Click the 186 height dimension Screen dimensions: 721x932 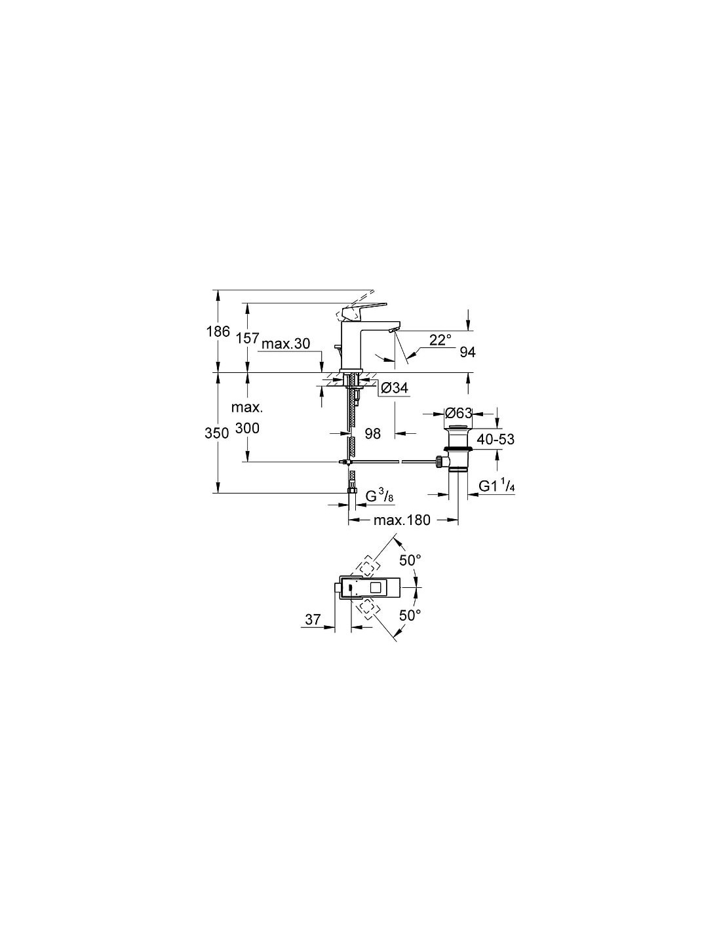point(218,332)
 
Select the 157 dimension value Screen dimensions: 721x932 point(248,338)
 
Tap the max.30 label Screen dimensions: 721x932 point(286,343)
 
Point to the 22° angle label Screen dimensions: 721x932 point(440,340)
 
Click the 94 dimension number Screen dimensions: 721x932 point(467,352)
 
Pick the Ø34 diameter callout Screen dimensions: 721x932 point(394,388)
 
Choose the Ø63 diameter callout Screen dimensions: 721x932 point(458,414)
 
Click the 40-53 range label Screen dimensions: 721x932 point(496,439)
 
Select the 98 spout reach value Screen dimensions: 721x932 point(372,434)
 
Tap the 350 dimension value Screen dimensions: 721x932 point(216,434)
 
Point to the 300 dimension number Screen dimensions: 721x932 point(248,428)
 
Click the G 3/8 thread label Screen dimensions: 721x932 point(380,496)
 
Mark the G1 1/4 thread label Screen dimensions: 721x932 point(497,486)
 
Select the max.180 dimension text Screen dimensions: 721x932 point(401,520)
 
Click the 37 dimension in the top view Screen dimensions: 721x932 point(313,619)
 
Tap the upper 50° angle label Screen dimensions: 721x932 point(410,560)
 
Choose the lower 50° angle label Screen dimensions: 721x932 point(410,615)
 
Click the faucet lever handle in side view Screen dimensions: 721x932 point(364,309)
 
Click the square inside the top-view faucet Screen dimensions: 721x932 point(379,587)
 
